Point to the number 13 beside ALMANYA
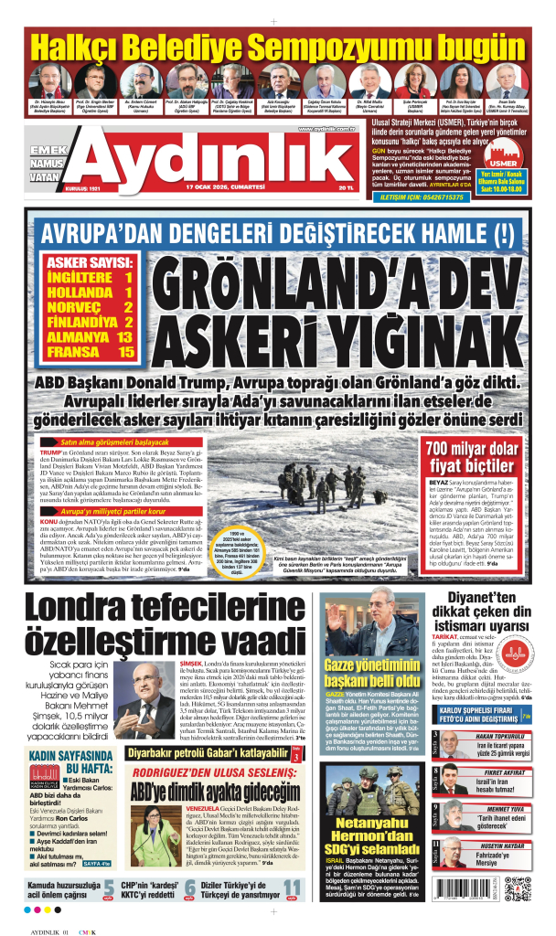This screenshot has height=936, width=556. tap(124, 336)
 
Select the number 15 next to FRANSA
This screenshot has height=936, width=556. tap(124, 351)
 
